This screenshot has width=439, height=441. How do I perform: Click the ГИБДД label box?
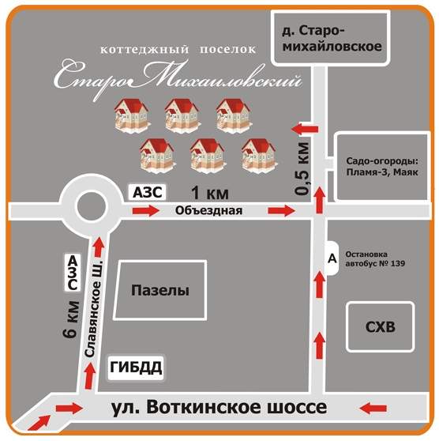(x=136, y=367)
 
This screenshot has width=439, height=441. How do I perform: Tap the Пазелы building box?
(x=160, y=290)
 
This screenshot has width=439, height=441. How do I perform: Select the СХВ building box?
(x=381, y=327)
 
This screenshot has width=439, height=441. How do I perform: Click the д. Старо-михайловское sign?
(x=331, y=38)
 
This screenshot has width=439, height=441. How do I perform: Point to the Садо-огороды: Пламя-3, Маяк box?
(x=382, y=167)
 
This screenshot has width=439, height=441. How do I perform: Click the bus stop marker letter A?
(x=332, y=258)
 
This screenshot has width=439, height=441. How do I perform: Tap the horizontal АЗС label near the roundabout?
(x=148, y=193)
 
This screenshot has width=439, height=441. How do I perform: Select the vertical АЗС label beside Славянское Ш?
(x=73, y=272)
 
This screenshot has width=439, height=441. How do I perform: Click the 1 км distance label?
(x=210, y=194)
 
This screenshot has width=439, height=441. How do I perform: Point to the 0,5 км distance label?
(x=302, y=168)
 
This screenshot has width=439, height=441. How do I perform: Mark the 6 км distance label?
(x=70, y=318)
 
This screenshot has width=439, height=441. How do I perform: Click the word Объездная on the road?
(x=208, y=211)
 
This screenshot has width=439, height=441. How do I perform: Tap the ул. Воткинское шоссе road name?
(x=219, y=407)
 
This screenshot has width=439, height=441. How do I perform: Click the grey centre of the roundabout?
(x=92, y=207)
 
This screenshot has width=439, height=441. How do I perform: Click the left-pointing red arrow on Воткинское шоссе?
(x=373, y=408)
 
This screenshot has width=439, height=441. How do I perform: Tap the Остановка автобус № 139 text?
(x=375, y=258)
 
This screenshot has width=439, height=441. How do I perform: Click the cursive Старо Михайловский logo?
(x=178, y=78)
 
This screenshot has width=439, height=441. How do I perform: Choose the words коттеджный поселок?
(x=178, y=50)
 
